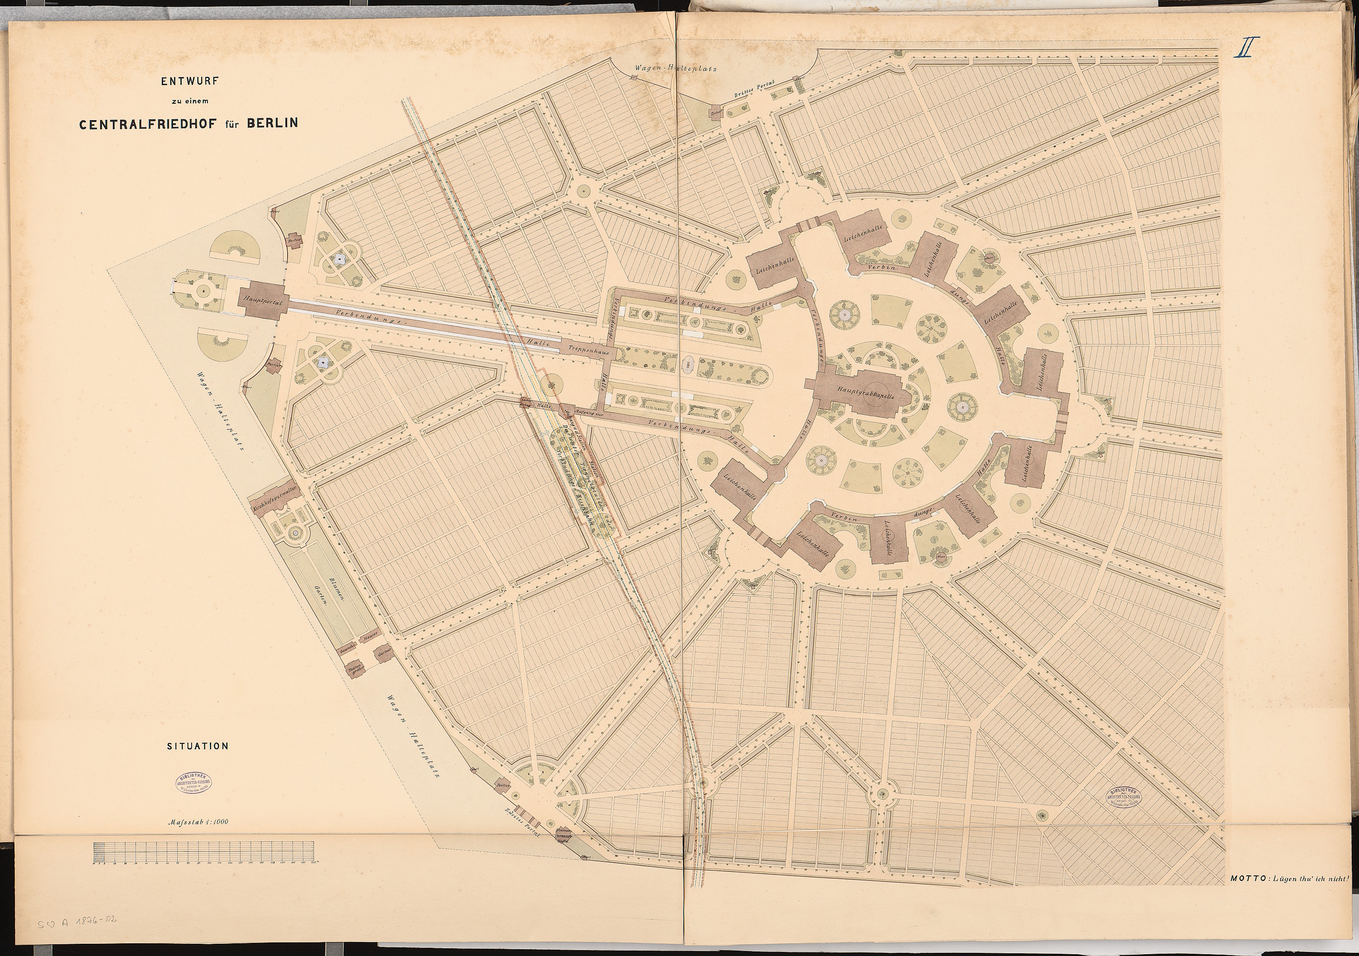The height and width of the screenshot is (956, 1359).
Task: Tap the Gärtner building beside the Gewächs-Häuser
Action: point(385,651)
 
